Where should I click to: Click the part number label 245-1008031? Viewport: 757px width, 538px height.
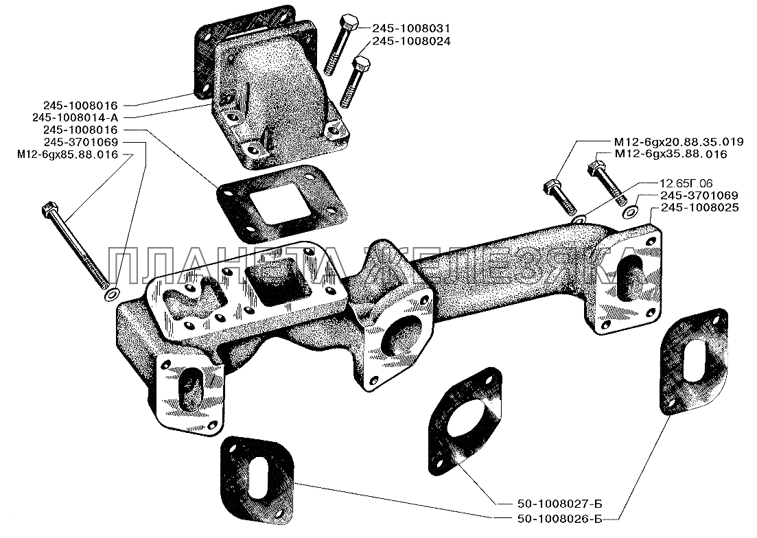click(411, 28)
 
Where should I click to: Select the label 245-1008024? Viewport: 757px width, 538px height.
click(411, 41)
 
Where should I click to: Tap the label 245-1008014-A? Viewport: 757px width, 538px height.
click(75, 118)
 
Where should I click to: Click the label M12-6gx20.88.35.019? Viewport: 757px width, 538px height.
click(678, 142)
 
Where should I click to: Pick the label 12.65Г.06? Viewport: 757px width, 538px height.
click(686, 183)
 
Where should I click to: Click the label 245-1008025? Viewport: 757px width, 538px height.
click(699, 207)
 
